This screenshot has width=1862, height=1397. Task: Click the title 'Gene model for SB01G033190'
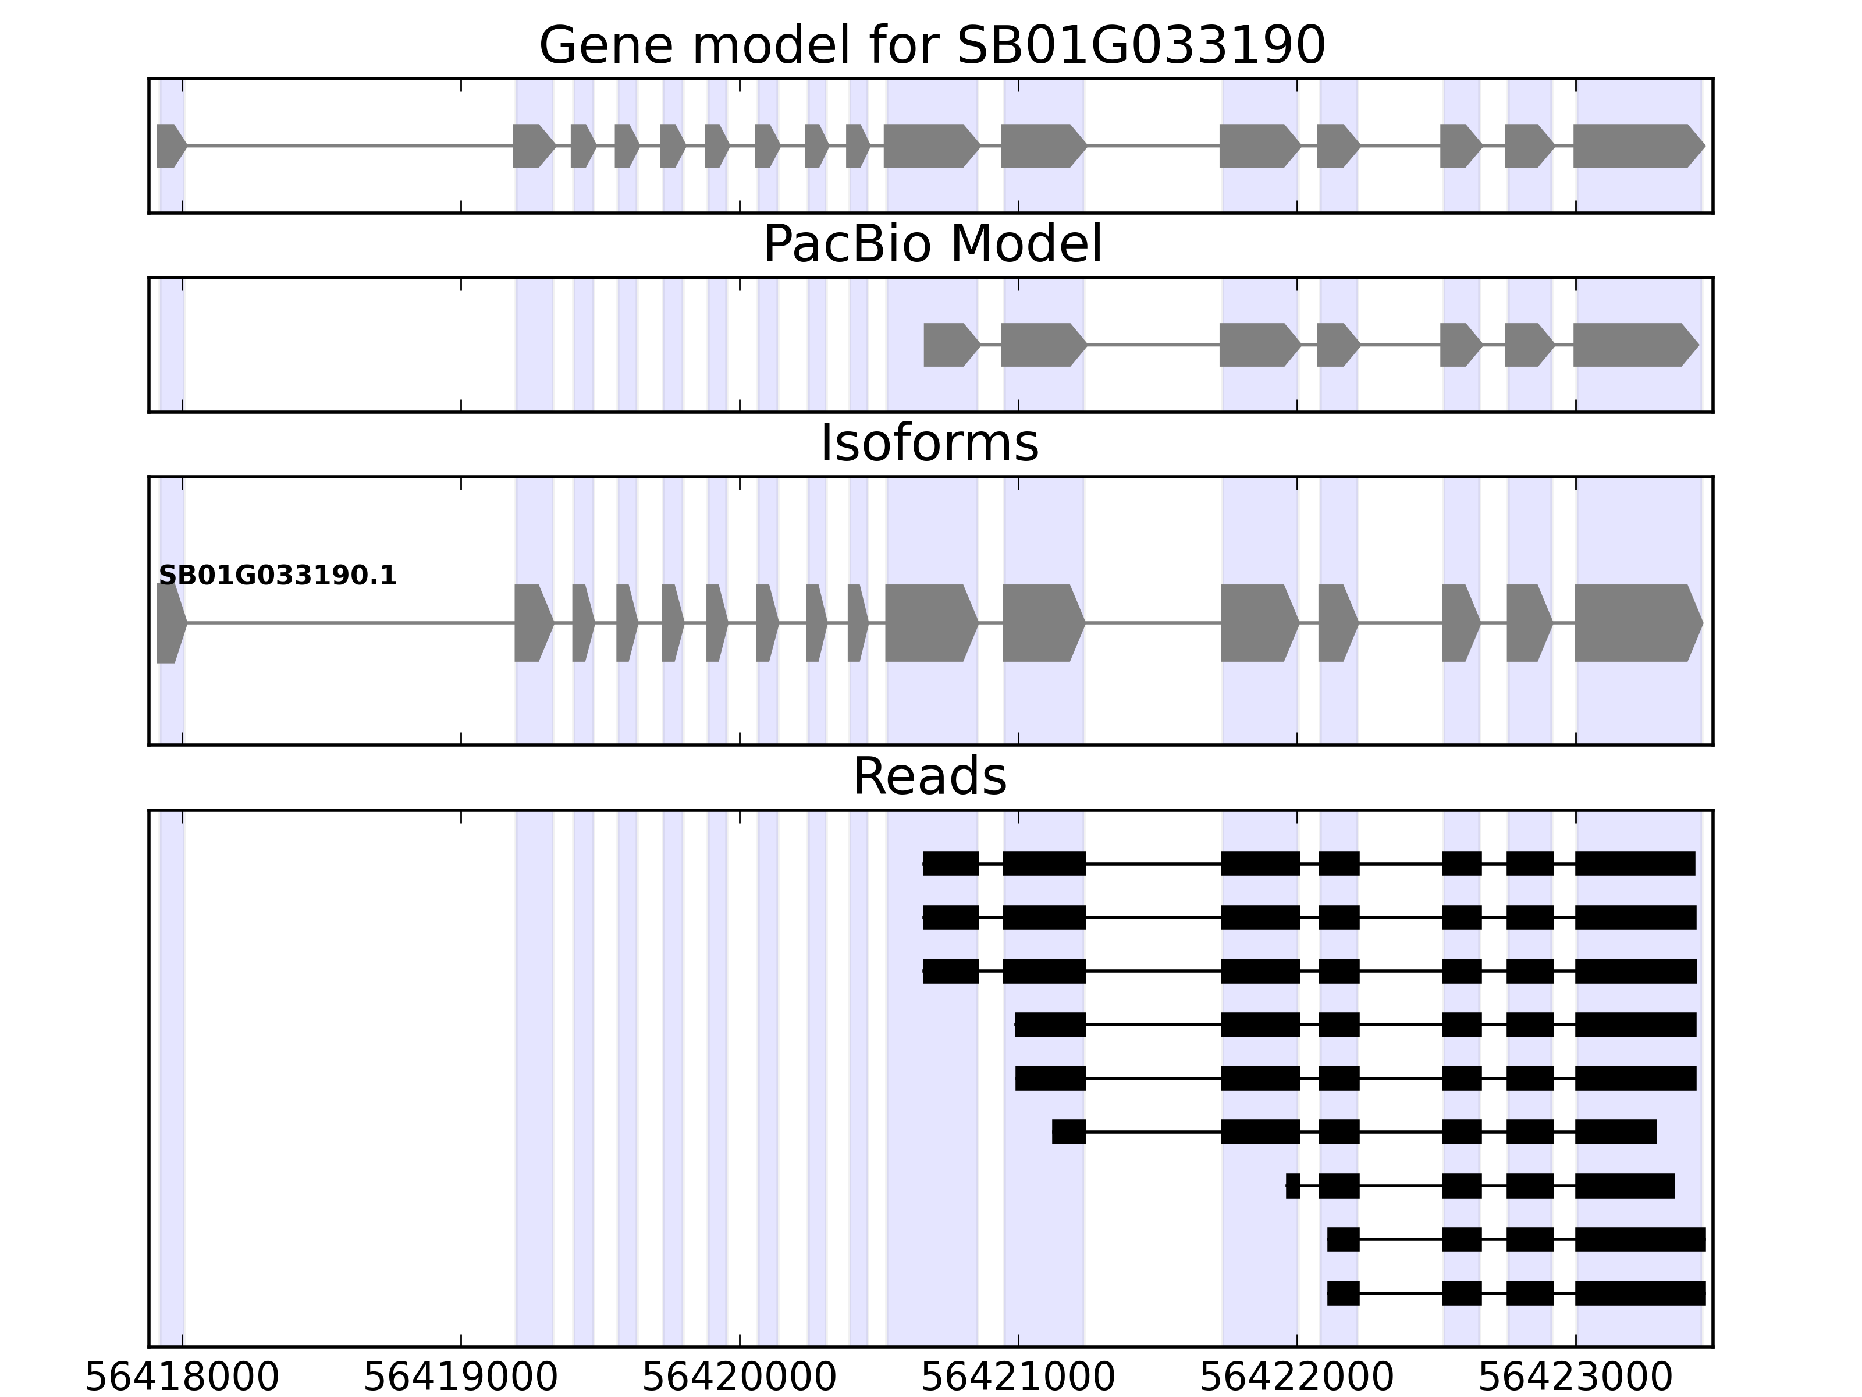click(x=931, y=45)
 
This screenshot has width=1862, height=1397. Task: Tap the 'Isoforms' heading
click(x=929, y=443)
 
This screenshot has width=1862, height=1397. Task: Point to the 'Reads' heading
click(x=929, y=776)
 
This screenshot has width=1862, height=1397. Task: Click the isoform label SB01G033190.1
click(x=277, y=576)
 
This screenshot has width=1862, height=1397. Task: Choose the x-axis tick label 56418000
click(x=182, y=1378)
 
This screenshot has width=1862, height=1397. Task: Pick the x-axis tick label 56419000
click(x=460, y=1378)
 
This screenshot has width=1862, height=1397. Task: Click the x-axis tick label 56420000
click(x=739, y=1378)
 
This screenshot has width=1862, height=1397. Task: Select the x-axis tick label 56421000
click(x=1018, y=1378)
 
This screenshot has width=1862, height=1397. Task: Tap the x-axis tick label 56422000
click(x=1296, y=1378)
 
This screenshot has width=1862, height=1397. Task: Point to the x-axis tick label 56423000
click(x=1575, y=1378)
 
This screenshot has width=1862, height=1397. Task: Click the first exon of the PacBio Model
click(x=950, y=345)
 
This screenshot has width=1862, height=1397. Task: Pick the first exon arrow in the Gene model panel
click(x=170, y=146)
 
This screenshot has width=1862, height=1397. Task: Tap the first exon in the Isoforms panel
click(x=170, y=623)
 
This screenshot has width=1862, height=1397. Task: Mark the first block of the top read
click(x=950, y=863)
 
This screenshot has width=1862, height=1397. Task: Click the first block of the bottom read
click(x=1342, y=1293)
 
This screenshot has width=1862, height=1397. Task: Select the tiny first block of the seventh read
click(x=1293, y=1186)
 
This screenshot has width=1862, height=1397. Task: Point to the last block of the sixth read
click(x=1615, y=1132)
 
